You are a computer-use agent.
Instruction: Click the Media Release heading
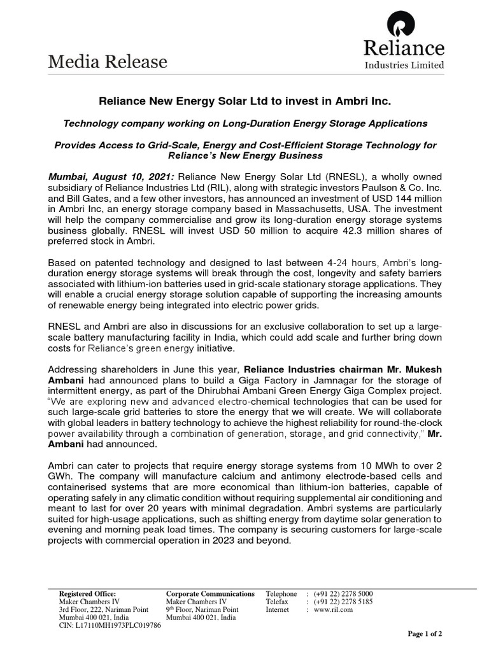click(x=108, y=62)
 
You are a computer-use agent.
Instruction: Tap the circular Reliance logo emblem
click(x=403, y=25)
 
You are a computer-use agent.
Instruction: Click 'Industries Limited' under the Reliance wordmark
click(x=403, y=64)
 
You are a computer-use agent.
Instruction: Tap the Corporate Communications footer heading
click(x=210, y=593)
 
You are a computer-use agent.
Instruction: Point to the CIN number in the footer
click(x=110, y=625)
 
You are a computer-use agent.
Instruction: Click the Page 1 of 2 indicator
click(x=425, y=634)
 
